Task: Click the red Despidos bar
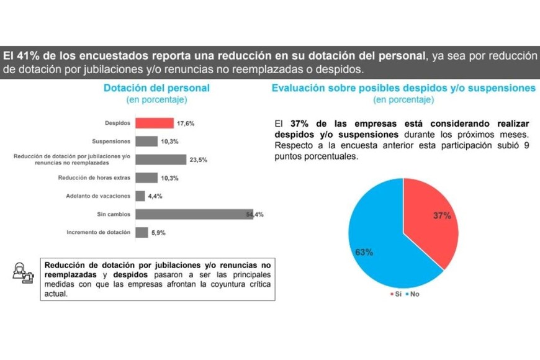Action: (x=155, y=124)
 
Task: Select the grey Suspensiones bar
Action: (x=146, y=142)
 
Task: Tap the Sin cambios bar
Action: (x=194, y=215)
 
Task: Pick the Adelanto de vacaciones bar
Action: (x=140, y=196)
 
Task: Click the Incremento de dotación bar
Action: (x=142, y=233)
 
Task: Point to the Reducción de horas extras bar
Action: (x=146, y=178)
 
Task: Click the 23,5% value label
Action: (x=199, y=160)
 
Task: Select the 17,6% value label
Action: (x=186, y=124)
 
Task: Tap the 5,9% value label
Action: (x=159, y=233)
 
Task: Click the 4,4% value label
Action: (x=155, y=197)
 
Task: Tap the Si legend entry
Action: (x=395, y=294)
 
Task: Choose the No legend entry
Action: (x=412, y=294)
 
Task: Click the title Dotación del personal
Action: (x=156, y=88)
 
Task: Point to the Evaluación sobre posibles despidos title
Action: (x=403, y=88)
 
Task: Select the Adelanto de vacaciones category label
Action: (x=98, y=197)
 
